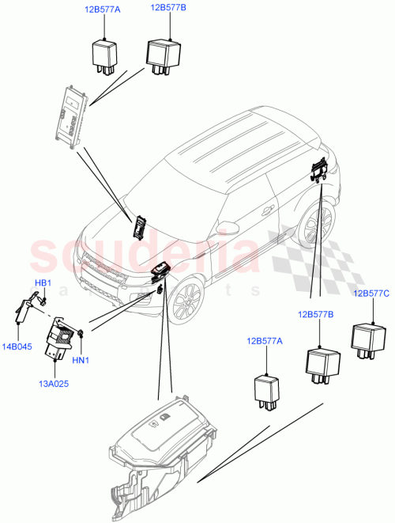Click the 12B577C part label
tap(371, 294)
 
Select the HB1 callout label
tap(43, 283)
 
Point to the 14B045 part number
tap(18, 346)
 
